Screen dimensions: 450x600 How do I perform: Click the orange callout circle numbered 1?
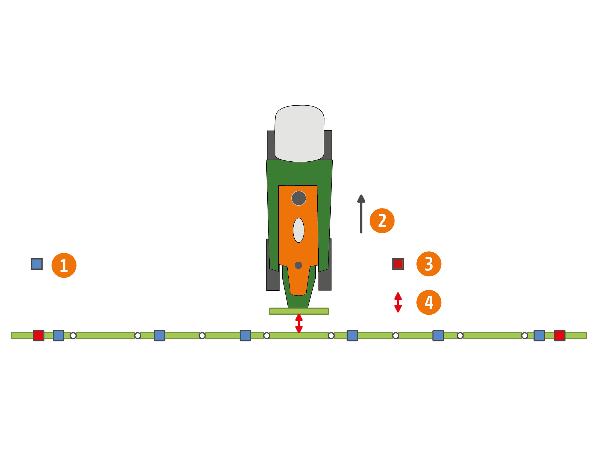click(x=64, y=265)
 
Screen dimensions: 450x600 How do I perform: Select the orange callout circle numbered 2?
click(x=382, y=221)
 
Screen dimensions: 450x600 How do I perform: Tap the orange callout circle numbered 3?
click(x=429, y=264)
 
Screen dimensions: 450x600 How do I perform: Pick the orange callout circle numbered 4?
click(x=429, y=302)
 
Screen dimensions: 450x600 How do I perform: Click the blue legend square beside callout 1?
click(x=37, y=264)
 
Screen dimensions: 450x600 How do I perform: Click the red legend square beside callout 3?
click(x=398, y=264)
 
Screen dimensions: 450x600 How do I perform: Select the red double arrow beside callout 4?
click(x=398, y=302)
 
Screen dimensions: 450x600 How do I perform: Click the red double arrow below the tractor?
click(x=299, y=323)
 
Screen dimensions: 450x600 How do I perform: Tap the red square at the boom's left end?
click(x=39, y=335)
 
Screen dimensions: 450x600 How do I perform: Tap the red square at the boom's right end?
click(x=559, y=335)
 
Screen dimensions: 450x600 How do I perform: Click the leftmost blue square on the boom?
click(x=58, y=335)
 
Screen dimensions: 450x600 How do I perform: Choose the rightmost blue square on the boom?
click(x=539, y=335)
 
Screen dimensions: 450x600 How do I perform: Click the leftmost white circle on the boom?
click(x=73, y=336)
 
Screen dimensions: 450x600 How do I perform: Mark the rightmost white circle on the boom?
click(x=524, y=336)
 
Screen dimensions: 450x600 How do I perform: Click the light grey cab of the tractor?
click(x=299, y=133)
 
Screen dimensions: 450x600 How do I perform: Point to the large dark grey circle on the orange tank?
click(x=299, y=198)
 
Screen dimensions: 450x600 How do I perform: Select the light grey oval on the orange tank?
click(x=298, y=230)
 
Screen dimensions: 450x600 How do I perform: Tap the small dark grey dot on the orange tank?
click(x=298, y=265)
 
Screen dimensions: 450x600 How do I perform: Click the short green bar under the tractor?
click(x=299, y=311)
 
